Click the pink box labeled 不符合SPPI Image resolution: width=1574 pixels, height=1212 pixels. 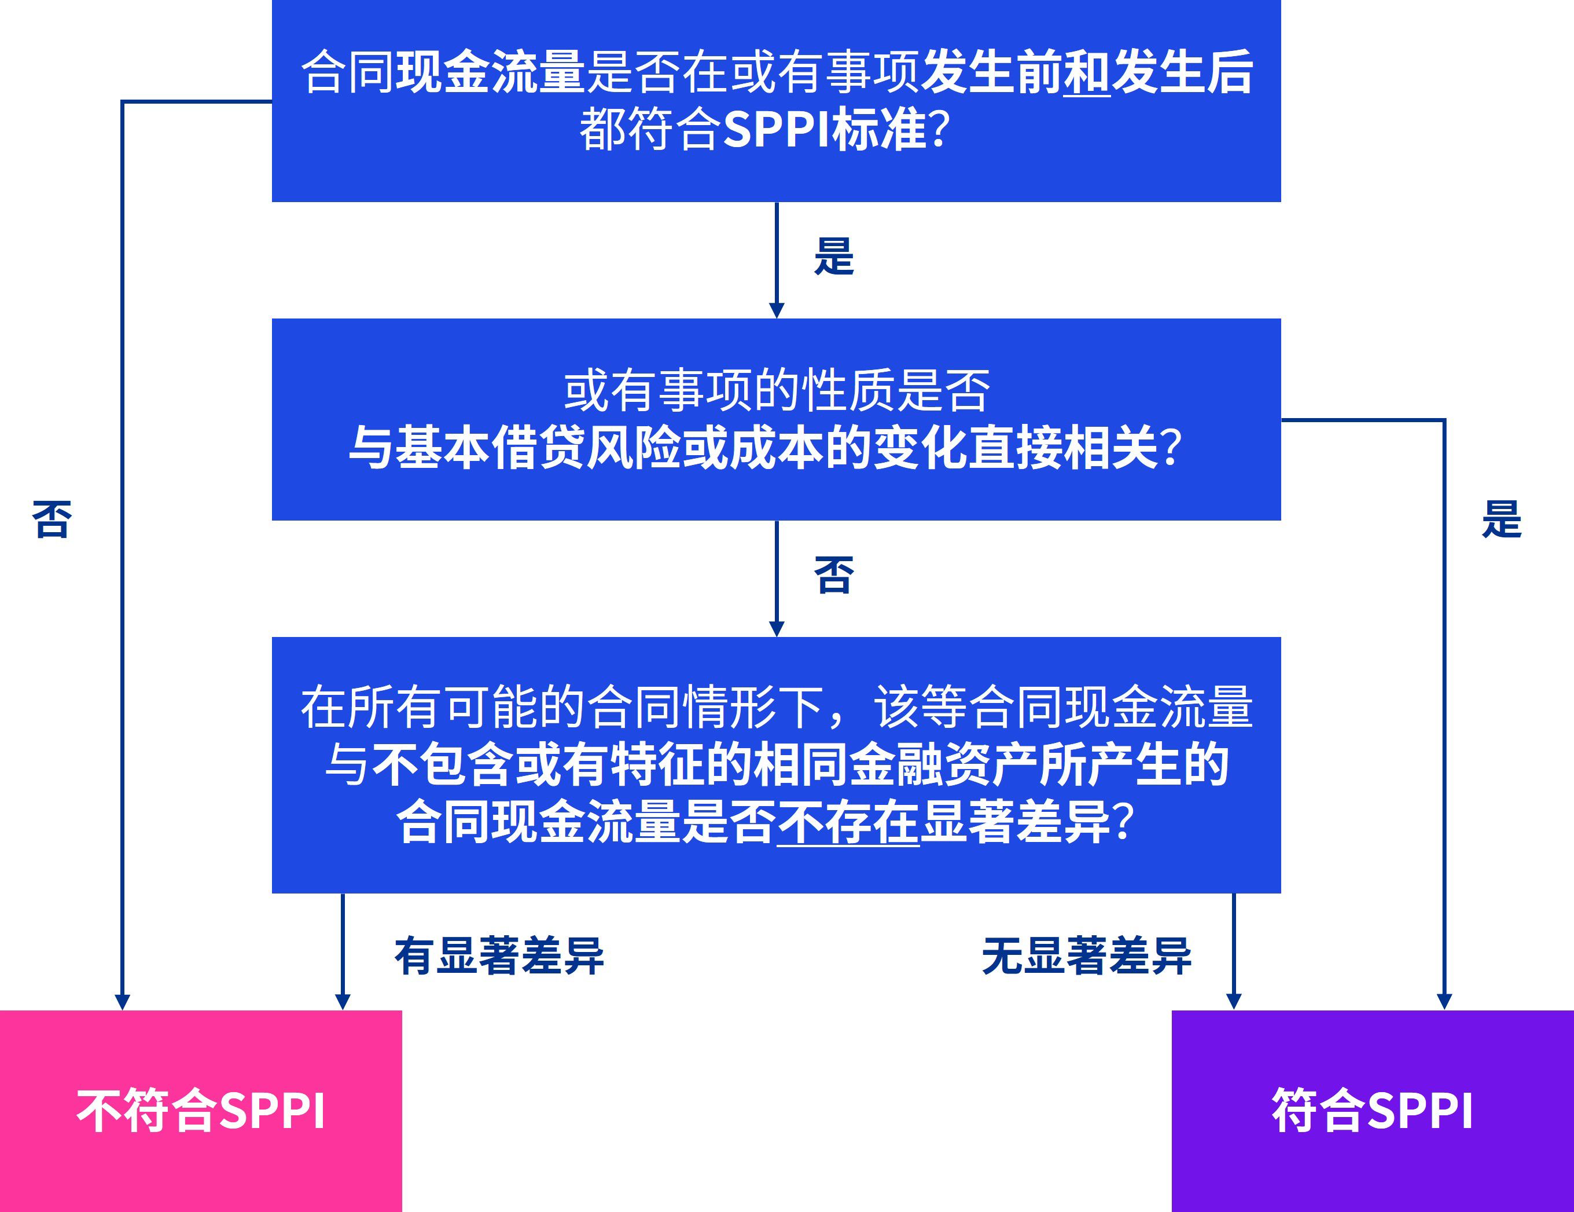tap(200, 1110)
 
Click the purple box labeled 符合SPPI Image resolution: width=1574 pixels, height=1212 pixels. tap(1372, 1110)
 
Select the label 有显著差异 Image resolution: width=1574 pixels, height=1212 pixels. tap(499, 956)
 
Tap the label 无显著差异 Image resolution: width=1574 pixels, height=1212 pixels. tap(1087, 956)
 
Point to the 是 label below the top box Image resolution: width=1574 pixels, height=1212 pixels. tap(834, 257)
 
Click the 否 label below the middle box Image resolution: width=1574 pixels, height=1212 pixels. tap(834, 576)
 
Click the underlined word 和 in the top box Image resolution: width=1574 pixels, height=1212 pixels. tap(1087, 72)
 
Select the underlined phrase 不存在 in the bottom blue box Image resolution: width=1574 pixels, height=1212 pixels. tap(848, 822)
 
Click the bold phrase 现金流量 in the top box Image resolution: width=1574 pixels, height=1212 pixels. tap(490, 72)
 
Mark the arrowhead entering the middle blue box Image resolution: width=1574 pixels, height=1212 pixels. tap(776, 310)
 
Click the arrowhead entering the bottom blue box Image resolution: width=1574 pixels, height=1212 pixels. tap(776, 629)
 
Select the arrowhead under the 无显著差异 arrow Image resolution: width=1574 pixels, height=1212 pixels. tap(1233, 1001)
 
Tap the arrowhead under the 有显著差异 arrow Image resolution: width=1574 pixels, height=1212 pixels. tap(343, 1001)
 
